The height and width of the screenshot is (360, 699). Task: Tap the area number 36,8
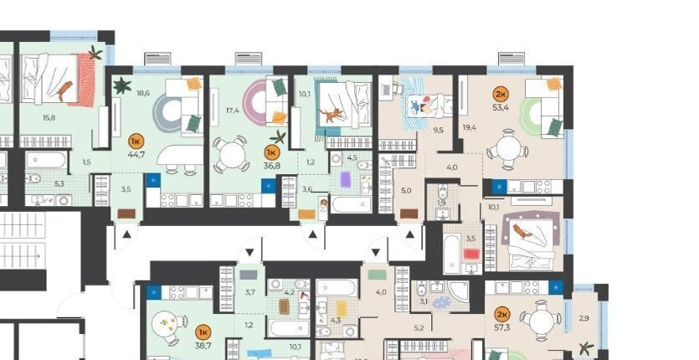(x=271, y=165)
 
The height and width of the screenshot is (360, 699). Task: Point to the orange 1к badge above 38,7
(x=203, y=332)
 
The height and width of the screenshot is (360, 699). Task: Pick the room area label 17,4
(x=233, y=110)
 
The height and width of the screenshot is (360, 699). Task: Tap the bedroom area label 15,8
(x=49, y=118)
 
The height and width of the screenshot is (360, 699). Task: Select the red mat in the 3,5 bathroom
(x=471, y=255)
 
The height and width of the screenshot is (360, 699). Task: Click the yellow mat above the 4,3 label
(x=342, y=309)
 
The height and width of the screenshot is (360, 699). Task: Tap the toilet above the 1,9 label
(x=443, y=192)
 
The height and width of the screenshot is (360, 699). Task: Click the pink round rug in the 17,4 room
(x=254, y=103)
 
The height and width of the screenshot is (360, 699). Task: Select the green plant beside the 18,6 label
(x=121, y=85)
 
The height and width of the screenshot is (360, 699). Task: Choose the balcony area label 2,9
(x=584, y=318)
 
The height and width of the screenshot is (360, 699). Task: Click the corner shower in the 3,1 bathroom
(x=458, y=291)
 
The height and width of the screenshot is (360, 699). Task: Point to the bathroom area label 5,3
(x=59, y=183)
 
